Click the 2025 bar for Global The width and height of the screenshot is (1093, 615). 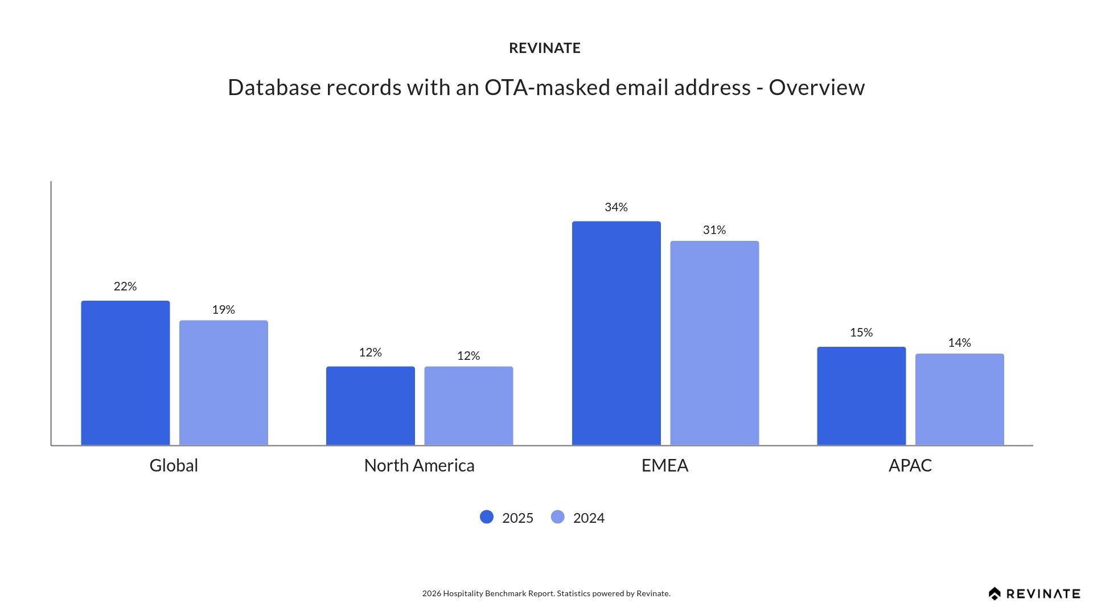coord(125,373)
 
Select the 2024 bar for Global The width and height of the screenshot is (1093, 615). coord(224,383)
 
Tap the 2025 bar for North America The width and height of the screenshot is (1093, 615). coord(371,405)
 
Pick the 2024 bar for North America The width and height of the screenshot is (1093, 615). coord(469,405)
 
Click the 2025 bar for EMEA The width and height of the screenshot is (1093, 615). coord(617,333)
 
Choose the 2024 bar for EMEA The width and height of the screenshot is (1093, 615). coord(714,343)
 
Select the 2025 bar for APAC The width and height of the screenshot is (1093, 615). coord(861,396)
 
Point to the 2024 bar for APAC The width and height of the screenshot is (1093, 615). coord(960,399)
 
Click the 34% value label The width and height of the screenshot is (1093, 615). coord(616,207)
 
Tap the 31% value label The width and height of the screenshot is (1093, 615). coord(714,230)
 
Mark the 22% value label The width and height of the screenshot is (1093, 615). coord(125,286)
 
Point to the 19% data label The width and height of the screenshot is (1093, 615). coord(224,310)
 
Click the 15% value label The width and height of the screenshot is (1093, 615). coord(861,333)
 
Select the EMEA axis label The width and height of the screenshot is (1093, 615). coord(665,466)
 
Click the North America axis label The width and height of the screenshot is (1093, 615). coord(420,466)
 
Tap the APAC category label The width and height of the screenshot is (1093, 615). coord(910,466)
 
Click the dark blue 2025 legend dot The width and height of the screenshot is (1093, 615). coord(487,517)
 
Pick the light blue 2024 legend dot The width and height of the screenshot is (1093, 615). coord(558,517)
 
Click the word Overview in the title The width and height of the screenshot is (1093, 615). coord(817,88)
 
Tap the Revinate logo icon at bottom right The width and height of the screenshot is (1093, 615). coord(995,594)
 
